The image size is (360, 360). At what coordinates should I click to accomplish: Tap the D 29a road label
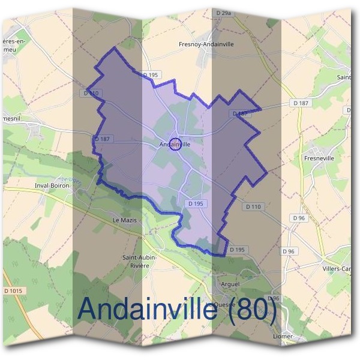pos(223,12)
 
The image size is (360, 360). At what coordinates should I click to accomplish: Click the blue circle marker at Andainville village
pos(175,144)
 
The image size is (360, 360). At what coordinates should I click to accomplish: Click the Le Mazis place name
pos(125,220)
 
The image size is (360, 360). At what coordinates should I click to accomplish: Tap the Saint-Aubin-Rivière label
pos(139,261)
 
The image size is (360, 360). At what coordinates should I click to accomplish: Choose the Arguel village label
pos(230,284)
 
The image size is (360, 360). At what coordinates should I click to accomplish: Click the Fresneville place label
pos(319,158)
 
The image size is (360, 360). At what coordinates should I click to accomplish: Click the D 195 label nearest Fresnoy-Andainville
pos(151,74)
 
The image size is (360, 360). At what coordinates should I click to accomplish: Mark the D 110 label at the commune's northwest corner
pos(91,93)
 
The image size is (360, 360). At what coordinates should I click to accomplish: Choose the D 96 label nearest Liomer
pos(274,298)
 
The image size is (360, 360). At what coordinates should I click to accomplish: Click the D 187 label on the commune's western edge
pos(103,139)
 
